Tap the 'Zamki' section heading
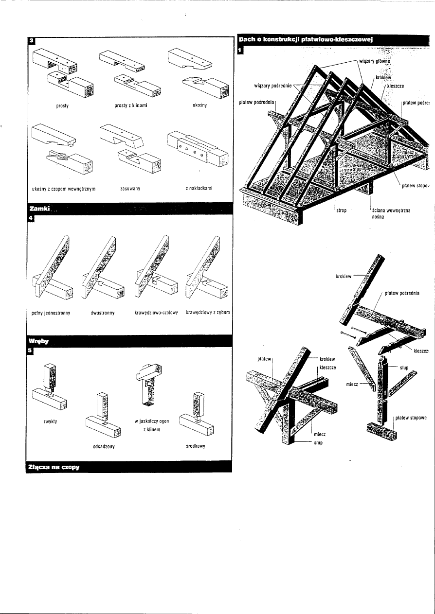[x=39, y=210]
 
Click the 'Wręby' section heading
[x=37, y=341]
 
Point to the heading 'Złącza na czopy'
[x=54, y=467]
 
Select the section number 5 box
[x=31, y=351]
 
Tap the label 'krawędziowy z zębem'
[x=208, y=313]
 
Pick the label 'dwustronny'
[x=102, y=313]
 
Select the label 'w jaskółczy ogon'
[x=151, y=421]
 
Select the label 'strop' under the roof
[x=341, y=211]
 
